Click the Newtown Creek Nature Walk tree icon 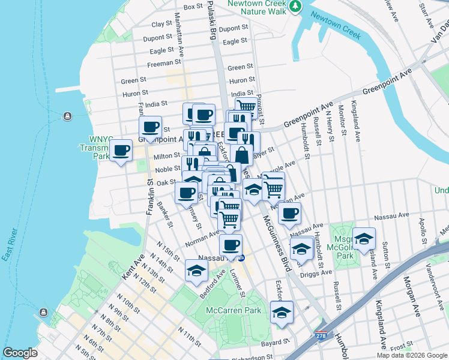pos(295,6)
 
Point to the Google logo pos(20,353)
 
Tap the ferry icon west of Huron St pos(66,115)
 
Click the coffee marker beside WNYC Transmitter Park pos(121,151)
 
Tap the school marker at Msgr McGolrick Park pos(363,238)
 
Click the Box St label pos(194,7)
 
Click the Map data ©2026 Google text pos(411,355)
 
